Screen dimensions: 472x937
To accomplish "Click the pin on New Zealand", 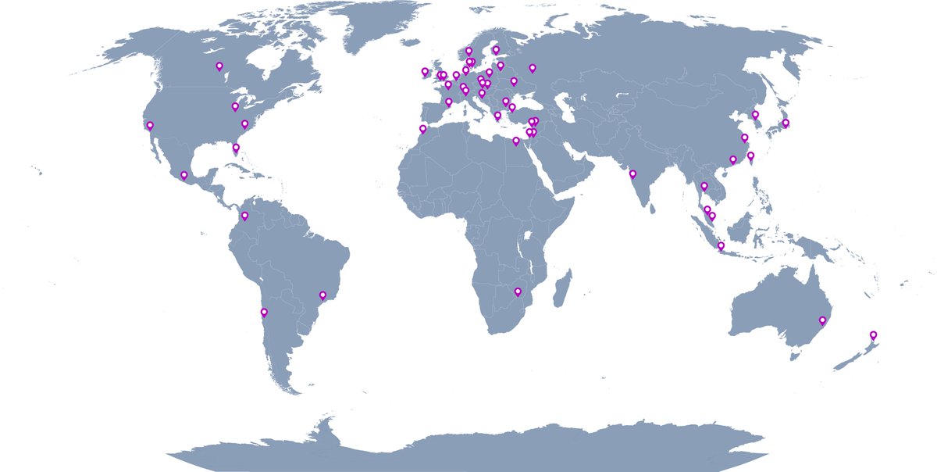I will [873, 336].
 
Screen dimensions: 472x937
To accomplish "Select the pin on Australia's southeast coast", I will [821, 320].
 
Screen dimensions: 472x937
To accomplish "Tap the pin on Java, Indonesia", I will [721, 246].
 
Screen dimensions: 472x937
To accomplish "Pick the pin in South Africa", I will [518, 292].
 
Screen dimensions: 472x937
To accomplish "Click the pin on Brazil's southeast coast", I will [322, 295].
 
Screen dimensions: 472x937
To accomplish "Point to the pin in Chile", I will [264, 313].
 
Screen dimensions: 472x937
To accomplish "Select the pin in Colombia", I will [244, 216].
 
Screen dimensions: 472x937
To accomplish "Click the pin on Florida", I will [236, 148].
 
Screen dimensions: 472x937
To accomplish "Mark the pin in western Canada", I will [219, 66].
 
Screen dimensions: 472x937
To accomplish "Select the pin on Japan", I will [786, 123].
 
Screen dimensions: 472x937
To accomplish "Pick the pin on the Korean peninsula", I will [755, 116].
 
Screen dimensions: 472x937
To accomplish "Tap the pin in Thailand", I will [704, 187].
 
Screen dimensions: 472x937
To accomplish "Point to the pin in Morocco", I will [422, 129].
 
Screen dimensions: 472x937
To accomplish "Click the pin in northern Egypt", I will [515, 141].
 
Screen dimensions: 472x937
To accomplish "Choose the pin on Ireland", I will [425, 72].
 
